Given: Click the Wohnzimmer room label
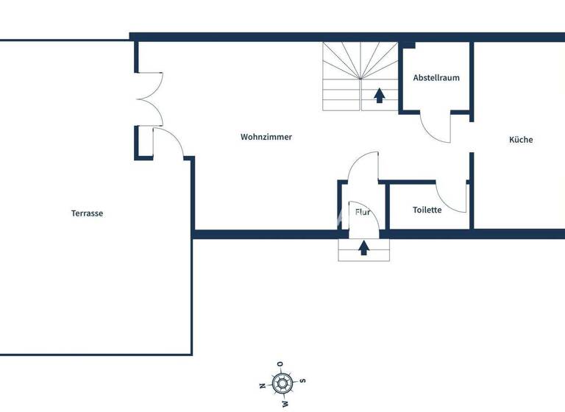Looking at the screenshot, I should (x=266, y=137).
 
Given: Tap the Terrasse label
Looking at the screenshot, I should (x=87, y=213).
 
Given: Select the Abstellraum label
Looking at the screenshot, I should (x=436, y=77).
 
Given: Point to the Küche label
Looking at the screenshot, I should (x=521, y=140).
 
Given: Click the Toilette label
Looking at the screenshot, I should (x=427, y=210).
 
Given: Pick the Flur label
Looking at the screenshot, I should (x=363, y=212).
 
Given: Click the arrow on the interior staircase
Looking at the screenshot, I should (x=380, y=95).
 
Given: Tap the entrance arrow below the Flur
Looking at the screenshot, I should (x=363, y=248).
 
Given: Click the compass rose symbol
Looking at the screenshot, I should (x=282, y=383).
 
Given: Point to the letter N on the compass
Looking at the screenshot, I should (x=262, y=386).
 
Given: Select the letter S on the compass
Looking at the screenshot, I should (x=302, y=380).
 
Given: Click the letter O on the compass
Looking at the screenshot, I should (x=280, y=363).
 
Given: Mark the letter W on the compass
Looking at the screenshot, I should (x=285, y=403).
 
